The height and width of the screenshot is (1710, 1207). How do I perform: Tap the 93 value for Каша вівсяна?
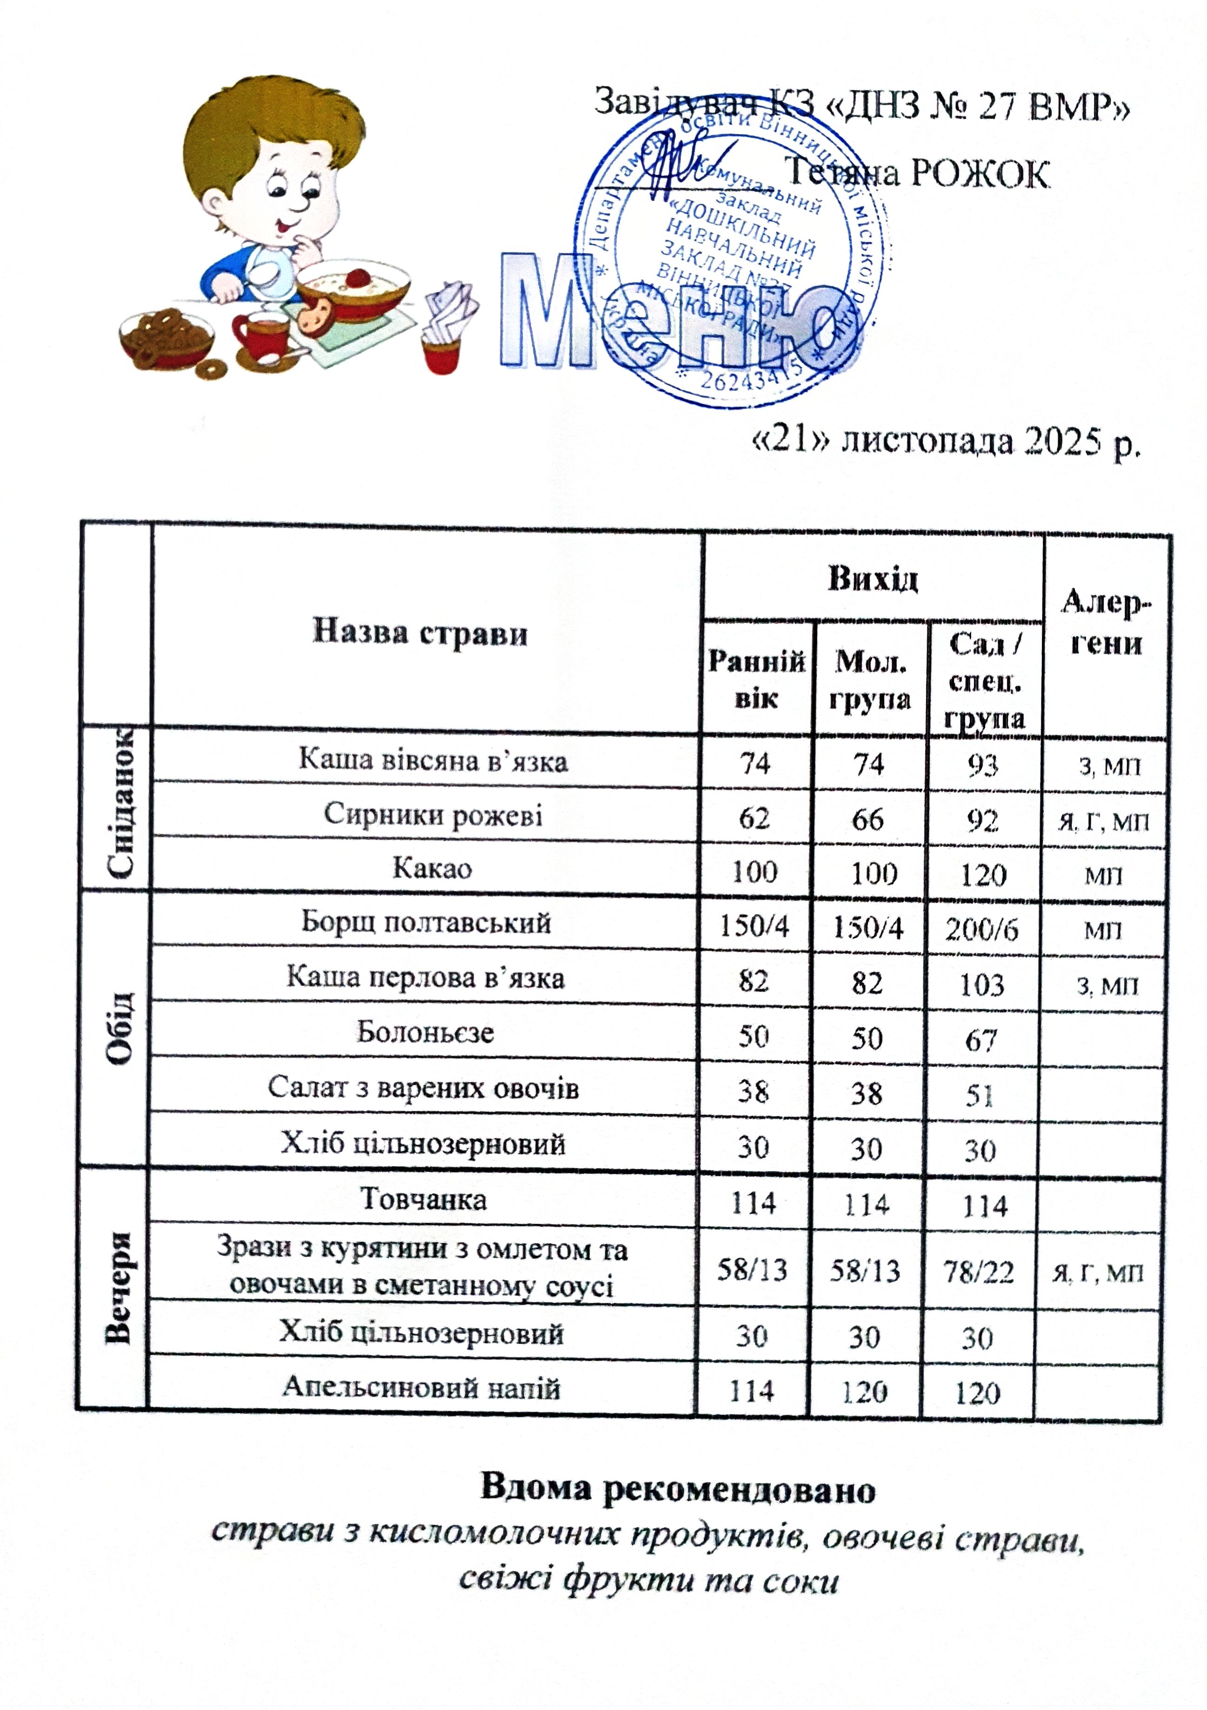click(982, 765)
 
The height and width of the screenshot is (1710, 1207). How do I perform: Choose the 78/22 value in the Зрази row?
click(979, 1271)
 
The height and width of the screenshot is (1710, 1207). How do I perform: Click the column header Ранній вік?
click(756, 678)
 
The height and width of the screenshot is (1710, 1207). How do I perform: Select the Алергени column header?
click(1106, 622)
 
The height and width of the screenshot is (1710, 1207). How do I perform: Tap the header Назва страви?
click(420, 633)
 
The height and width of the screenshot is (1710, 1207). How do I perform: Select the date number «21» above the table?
click(792, 441)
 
